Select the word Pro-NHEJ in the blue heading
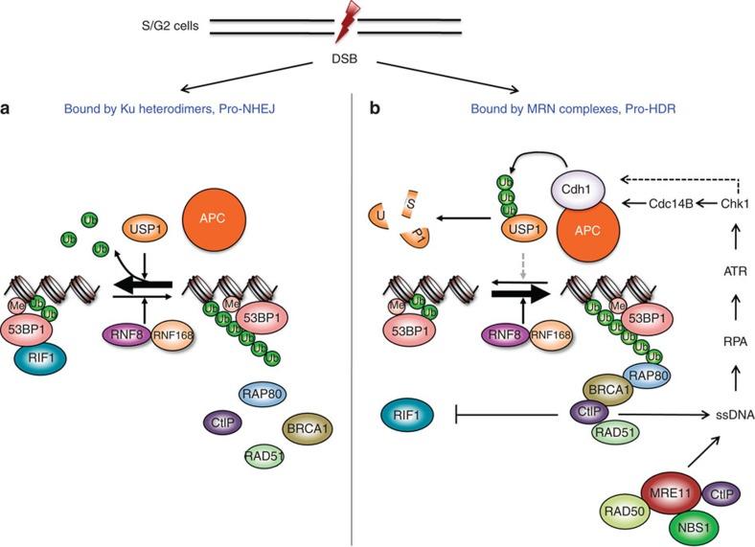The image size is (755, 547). coord(262,110)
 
